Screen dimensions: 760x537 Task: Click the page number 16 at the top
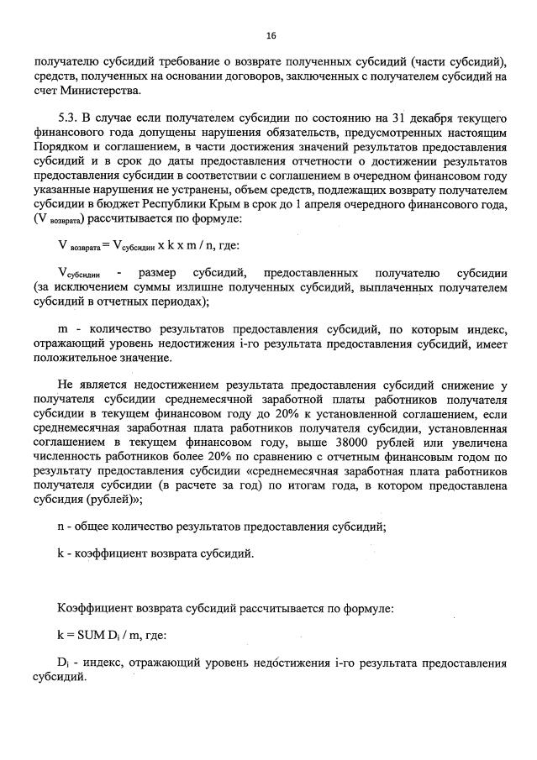(x=271, y=35)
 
